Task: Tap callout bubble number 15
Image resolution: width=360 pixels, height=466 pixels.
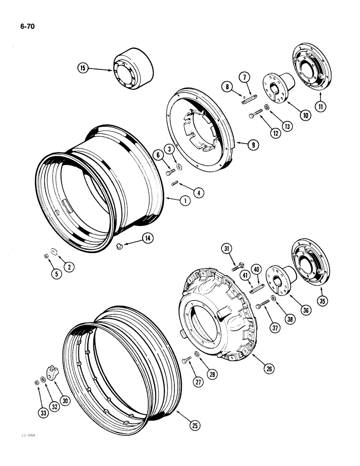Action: click(83, 69)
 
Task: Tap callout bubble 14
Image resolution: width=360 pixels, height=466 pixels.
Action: click(148, 238)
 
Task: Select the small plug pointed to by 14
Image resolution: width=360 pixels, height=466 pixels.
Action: click(120, 245)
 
